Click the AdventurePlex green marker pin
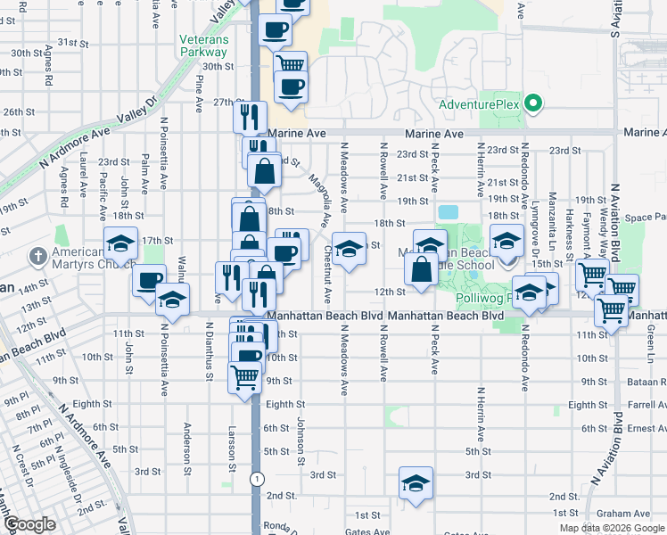click(533, 105)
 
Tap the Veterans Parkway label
click(204, 46)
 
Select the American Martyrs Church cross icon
click(37, 257)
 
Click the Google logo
click(29, 524)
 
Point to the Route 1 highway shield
click(258, 479)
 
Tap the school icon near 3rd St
click(416, 483)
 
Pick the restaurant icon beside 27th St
click(251, 117)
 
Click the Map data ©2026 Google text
click(611, 528)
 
